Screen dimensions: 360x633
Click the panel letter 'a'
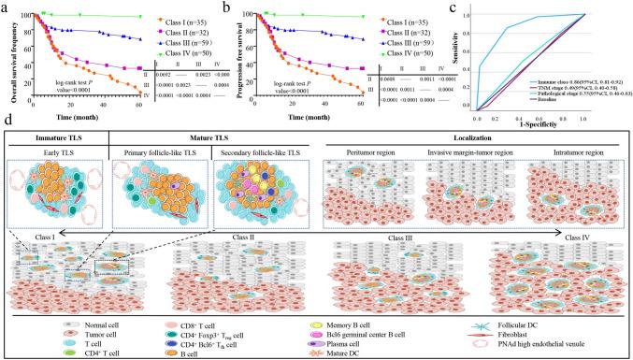click(x=5, y=7)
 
